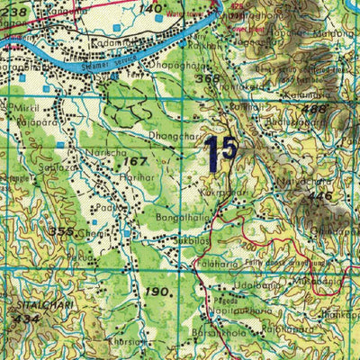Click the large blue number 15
[x=220, y=152]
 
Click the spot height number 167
[x=136, y=162]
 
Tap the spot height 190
[x=158, y=293]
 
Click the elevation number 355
[x=62, y=231]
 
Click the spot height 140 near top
[x=151, y=7]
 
